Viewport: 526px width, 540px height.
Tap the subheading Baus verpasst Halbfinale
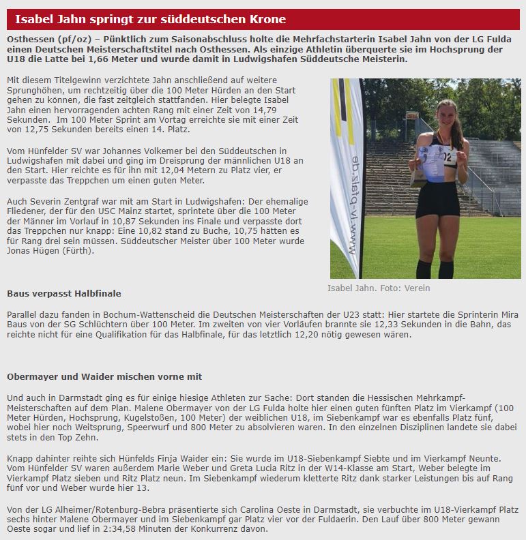pos(64,293)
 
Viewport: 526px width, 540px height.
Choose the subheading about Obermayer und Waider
pos(104,376)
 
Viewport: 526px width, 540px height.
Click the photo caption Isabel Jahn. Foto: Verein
pos(379,288)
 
